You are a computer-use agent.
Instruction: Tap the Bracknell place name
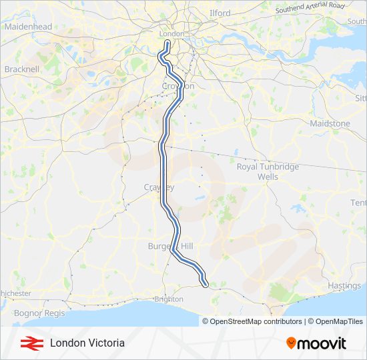coord(22,69)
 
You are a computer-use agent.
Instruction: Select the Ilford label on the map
coord(220,13)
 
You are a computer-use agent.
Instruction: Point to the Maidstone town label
coord(330,124)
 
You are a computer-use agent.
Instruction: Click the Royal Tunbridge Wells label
coord(268,172)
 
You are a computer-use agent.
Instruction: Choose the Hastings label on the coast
coord(344,286)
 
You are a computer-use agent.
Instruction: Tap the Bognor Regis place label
coord(37,313)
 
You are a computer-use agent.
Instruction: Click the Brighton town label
coord(169,299)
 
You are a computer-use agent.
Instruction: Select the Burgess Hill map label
coord(170,247)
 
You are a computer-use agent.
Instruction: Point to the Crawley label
coord(159,187)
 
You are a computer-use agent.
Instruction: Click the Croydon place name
coord(179,86)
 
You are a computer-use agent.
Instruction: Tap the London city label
coord(171,34)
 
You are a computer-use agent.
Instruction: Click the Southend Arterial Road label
coord(310,7)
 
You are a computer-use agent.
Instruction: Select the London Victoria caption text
coord(87,343)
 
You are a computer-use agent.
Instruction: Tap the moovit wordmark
coord(322,343)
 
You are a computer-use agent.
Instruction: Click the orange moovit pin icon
coord(291,343)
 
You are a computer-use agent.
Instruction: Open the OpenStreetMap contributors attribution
coord(256,321)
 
